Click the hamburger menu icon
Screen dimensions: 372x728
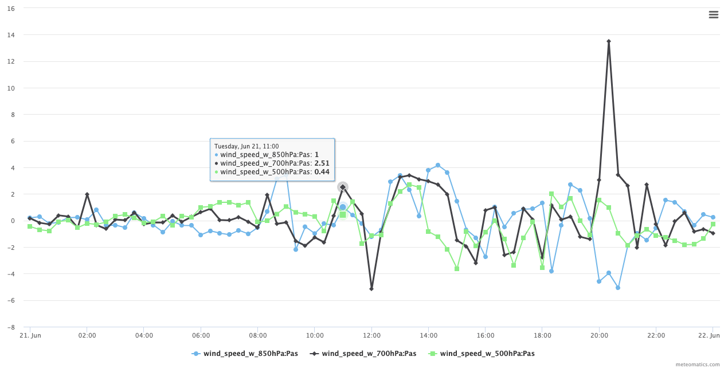(x=713, y=15)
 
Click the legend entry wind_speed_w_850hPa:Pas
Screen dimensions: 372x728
(x=247, y=354)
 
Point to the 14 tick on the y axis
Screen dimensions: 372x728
(x=11, y=35)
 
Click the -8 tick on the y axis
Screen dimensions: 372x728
(x=11, y=327)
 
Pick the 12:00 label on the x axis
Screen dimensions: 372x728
(x=371, y=335)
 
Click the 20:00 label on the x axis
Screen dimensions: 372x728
(x=599, y=335)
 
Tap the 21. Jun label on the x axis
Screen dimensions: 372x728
(x=30, y=335)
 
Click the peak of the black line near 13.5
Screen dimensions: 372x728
(x=609, y=41)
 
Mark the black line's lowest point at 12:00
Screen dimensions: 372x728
(x=371, y=289)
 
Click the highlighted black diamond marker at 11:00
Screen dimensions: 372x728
(x=343, y=187)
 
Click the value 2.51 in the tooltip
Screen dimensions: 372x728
(x=322, y=163)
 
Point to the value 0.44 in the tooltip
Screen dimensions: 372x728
(x=322, y=171)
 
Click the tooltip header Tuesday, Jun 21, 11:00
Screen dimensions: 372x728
(x=246, y=146)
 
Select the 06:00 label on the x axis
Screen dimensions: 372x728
(x=201, y=335)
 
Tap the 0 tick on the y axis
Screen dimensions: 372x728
(x=13, y=221)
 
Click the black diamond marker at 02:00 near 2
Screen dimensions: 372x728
(x=87, y=195)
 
